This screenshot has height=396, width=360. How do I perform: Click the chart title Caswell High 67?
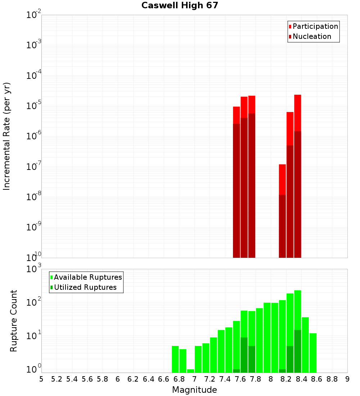(180, 5)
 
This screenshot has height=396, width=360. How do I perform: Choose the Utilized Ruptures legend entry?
(85, 287)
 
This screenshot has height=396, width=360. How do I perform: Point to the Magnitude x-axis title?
(194, 390)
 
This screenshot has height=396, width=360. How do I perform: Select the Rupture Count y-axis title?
(14, 320)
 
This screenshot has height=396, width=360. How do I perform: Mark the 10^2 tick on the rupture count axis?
(34, 302)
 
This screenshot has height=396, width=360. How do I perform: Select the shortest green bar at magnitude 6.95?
(190, 371)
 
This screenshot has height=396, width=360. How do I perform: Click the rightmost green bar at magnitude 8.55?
(313, 353)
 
